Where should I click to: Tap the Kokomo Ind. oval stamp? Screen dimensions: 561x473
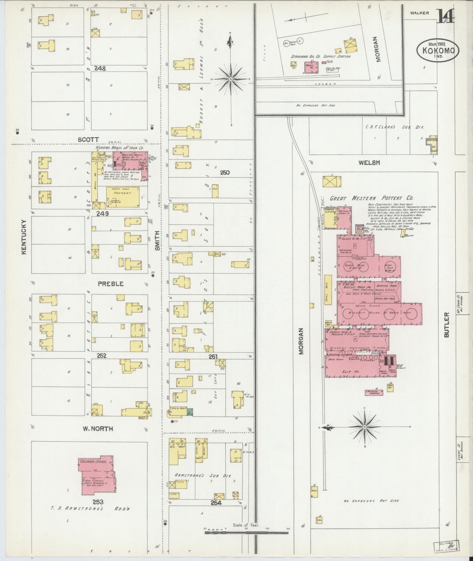coord(438,50)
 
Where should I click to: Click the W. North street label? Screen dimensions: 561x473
coord(98,429)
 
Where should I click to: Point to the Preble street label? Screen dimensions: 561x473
coord(111,284)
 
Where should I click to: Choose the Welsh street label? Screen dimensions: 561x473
coord(369,162)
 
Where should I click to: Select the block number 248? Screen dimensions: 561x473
coord(100,69)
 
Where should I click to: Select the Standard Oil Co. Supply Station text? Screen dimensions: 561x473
coord(320,56)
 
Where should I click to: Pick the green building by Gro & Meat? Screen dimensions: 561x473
coord(190,412)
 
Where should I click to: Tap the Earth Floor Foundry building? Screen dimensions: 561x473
coord(123,197)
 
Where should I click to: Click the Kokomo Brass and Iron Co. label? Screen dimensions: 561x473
coord(119,148)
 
